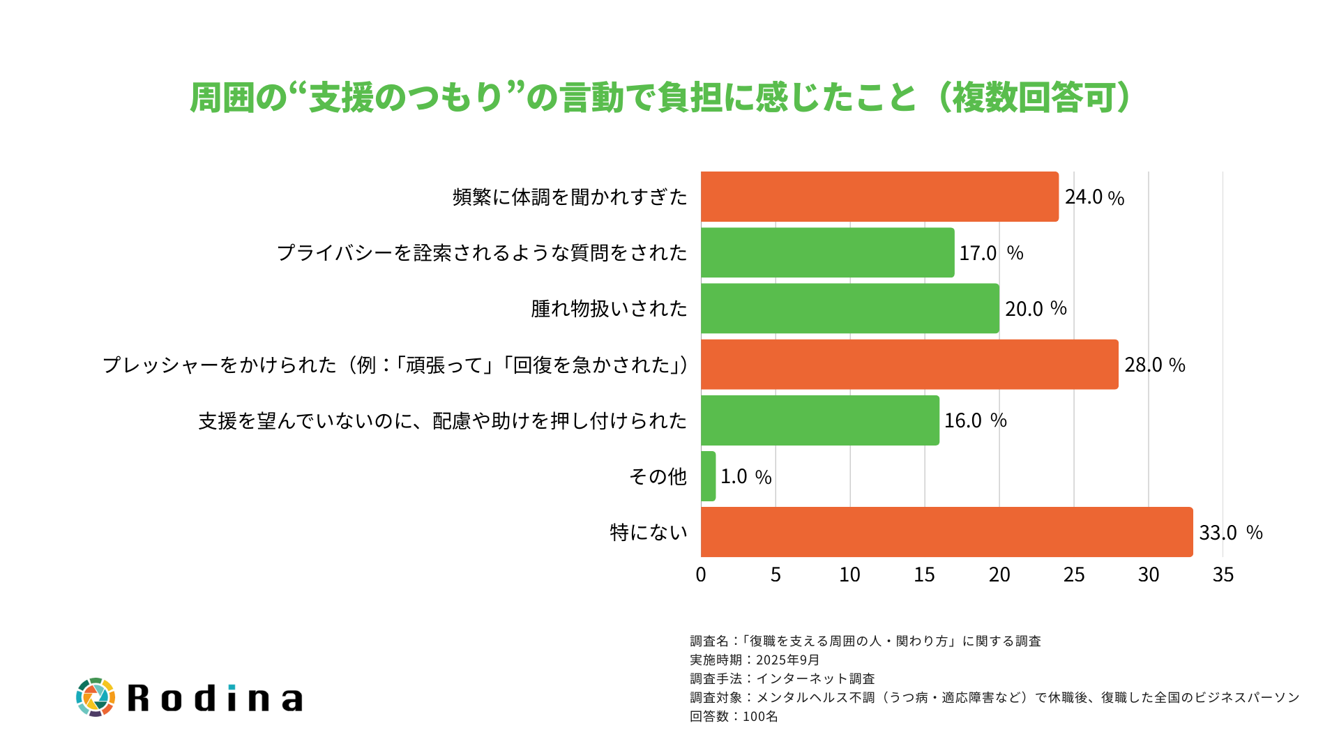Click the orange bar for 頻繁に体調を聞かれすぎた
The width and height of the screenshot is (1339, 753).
pos(879,197)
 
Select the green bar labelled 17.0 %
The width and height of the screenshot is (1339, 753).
pos(827,252)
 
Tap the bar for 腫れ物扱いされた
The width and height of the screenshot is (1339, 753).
pos(849,308)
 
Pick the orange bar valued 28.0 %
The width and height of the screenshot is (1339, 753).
pos(909,365)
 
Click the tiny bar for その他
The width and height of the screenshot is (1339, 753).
pos(709,476)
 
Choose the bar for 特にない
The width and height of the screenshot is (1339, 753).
pos(946,532)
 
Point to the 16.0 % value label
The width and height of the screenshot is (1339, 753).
pos(975,420)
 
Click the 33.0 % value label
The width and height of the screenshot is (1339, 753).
pos(1230,533)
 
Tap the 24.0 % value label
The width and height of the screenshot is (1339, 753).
pos(1094,197)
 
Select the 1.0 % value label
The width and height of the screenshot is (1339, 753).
pos(746,477)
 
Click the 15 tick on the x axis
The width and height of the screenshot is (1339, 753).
pos(924,575)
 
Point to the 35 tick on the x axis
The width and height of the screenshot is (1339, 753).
pos(1223,575)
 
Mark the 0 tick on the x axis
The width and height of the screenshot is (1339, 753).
pos(701,575)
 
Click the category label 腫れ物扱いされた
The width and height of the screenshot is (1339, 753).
pos(609,308)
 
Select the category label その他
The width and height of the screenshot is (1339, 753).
pos(658,476)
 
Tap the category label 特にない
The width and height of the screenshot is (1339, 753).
pos(649,532)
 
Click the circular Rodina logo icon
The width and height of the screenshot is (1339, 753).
pos(95,697)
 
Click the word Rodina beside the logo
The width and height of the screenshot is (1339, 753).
pos(215,698)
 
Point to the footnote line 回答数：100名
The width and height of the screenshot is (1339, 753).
pos(734,716)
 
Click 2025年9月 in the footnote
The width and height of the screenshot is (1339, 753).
pos(787,660)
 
